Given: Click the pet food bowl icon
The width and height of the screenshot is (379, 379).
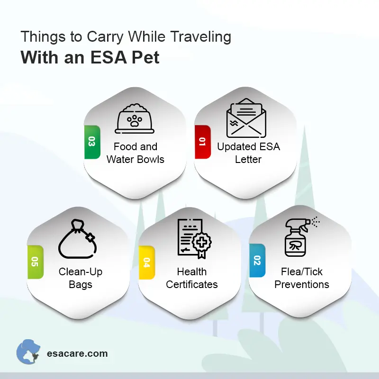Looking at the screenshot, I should click(x=135, y=118).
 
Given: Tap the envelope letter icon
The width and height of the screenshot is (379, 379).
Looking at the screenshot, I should click(x=245, y=119).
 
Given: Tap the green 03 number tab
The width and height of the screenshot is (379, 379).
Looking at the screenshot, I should click(x=91, y=142).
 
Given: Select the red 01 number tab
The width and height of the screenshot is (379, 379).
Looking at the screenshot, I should click(x=202, y=142).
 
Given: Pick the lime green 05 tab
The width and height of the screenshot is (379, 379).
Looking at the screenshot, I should click(x=35, y=262).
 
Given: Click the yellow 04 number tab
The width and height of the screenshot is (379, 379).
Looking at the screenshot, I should click(x=146, y=262).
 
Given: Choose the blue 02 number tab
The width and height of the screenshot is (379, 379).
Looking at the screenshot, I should click(x=257, y=261).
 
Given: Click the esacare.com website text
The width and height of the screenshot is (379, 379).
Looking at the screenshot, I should click(x=77, y=353).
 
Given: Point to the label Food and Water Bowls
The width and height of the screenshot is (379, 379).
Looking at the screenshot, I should click(x=135, y=153).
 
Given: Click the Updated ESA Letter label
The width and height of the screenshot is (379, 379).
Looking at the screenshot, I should click(x=248, y=153).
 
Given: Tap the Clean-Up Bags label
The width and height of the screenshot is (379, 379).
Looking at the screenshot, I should click(x=81, y=278).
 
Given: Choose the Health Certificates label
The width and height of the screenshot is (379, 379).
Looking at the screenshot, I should click(x=192, y=278).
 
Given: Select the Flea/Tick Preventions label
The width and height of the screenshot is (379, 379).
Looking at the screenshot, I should click(x=302, y=278).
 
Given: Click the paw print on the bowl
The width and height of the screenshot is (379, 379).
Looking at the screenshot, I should click(x=135, y=122).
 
